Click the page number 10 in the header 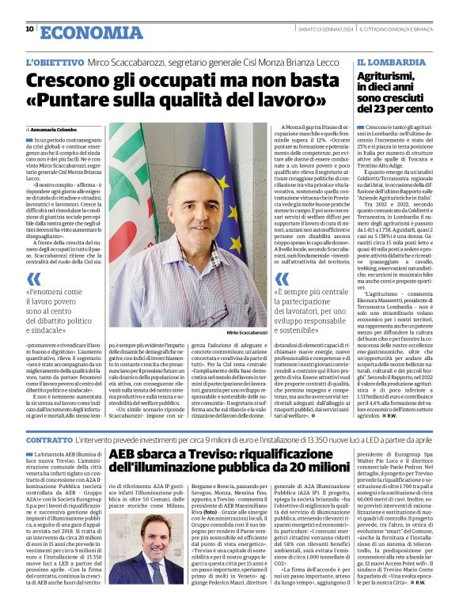pyautogui.click(x=29, y=29)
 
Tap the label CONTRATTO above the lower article pyautogui.click(x=48, y=438)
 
